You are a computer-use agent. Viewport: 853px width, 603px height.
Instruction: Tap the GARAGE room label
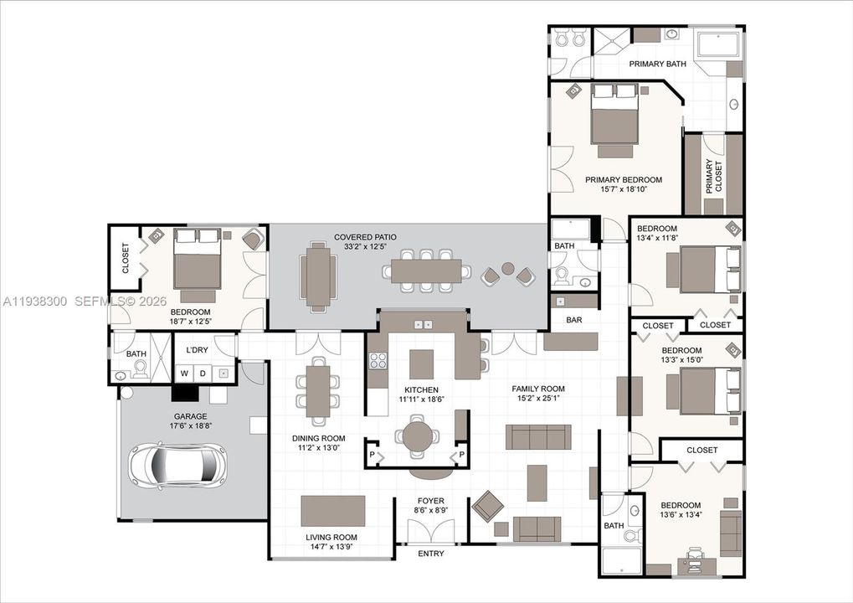[x=190, y=416]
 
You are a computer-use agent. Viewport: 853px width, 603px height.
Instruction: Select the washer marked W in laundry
[x=185, y=374]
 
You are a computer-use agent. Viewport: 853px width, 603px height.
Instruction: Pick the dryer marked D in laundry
[x=203, y=374]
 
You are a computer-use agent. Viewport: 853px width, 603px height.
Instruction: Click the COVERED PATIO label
[x=365, y=237]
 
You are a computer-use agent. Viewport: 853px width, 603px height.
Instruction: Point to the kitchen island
[x=422, y=364]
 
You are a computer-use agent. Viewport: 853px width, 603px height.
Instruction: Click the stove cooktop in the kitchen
[x=378, y=360]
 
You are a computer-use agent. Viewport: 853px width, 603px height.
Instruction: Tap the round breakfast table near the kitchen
[x=417, y=436]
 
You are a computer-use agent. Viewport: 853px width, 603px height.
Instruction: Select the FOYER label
[x=431, y=501]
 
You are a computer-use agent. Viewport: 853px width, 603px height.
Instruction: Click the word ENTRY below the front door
[x=431, y=554]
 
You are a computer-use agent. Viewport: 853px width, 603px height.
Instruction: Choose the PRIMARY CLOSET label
[x=714, y=176]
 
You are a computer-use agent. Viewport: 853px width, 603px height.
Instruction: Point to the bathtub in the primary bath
[x=718, y=44]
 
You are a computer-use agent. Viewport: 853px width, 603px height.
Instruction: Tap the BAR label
[x=574, y=320]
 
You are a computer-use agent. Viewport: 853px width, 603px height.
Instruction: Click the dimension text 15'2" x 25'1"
[x=538, y=398]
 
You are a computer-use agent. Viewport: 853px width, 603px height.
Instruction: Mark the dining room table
[x=318, y=391]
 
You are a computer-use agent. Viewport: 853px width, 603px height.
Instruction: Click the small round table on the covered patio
[x=507, y=268]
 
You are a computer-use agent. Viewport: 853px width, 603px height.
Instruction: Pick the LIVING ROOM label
[x=331, y=537]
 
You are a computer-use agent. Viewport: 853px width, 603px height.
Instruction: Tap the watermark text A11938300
[x=35, y=301]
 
